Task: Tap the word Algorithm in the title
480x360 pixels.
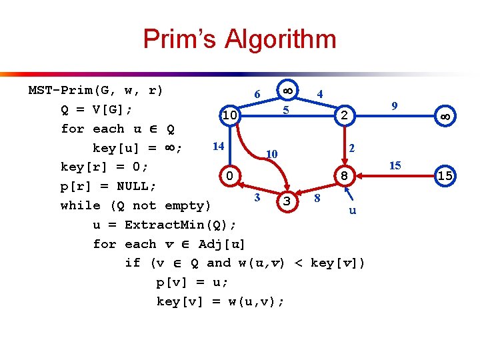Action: [281, 39]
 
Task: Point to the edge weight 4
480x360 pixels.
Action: [320, 94]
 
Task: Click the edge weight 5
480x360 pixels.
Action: [285, 109]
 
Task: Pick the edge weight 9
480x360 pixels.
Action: [395, 106]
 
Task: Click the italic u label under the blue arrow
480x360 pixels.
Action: [353, 211]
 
